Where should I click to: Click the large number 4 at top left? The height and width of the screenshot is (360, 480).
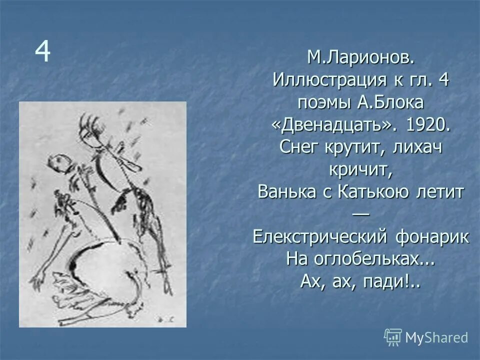point(42,52)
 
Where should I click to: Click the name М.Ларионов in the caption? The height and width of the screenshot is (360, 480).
point(360,58)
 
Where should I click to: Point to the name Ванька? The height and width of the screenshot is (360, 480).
point(286,192)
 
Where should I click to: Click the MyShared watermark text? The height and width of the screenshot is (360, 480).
point(436,337)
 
